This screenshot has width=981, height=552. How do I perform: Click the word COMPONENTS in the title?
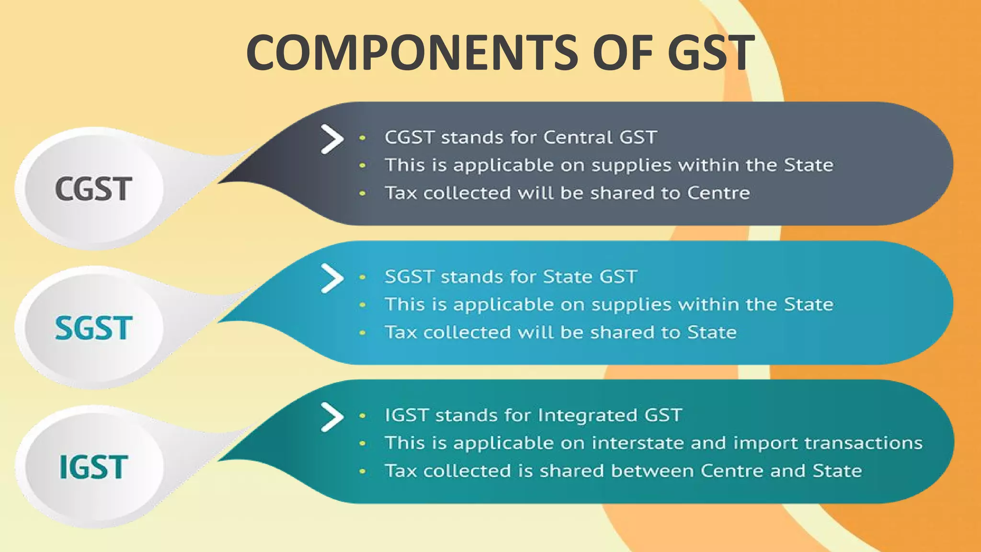(412, 52)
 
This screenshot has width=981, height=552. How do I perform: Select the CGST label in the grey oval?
(93, 189)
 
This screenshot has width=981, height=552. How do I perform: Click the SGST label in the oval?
(93, 328)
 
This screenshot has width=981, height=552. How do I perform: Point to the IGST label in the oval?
(93, 467)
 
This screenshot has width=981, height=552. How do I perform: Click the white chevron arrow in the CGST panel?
(332, 139)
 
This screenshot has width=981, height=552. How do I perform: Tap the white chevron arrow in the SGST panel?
(332, 278)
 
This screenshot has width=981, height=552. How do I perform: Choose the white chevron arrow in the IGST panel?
(332, 417)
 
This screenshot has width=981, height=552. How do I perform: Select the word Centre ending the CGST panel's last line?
(719, 193)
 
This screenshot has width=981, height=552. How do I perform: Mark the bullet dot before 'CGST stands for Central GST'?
(363, 138)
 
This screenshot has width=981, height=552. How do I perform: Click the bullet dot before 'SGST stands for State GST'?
(363, 277)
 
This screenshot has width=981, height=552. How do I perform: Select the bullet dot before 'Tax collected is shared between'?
(363, 471)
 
